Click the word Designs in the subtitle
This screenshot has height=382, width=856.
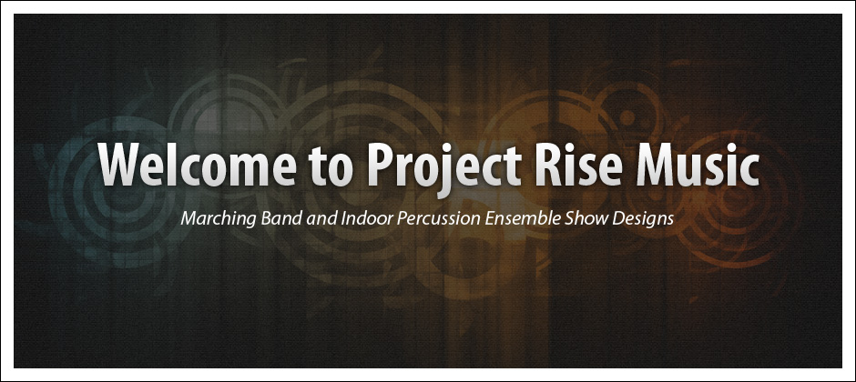click(x=643, y=219)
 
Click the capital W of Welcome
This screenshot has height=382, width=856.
click(x=120, y=165)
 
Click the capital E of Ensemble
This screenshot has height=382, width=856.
click(x=489, y=218)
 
